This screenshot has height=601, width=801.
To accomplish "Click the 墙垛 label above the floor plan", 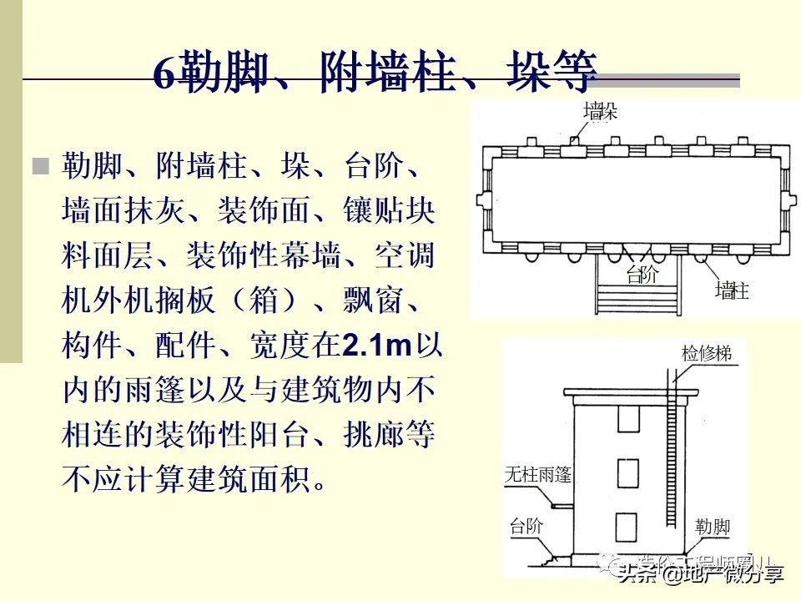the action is (601, 111).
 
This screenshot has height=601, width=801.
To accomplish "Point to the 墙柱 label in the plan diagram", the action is (733, 290).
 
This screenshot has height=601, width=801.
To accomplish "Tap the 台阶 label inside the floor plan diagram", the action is (642, 275).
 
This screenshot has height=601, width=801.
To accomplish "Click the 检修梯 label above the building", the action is (706, 354).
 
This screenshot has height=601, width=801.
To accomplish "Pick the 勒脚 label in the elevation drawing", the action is (713, 527).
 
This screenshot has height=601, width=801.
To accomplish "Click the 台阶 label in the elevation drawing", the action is (526, 526).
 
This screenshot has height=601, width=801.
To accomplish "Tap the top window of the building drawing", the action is (627, 419).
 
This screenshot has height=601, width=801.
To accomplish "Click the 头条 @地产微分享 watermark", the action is (701, 573).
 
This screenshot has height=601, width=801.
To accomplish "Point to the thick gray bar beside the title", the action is (667, 82).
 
